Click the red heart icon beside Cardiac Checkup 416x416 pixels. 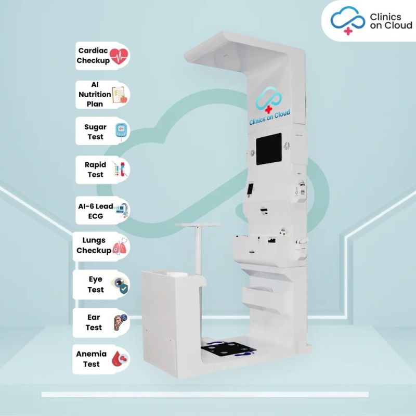coord(119,56)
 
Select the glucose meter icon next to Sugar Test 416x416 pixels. coord(122,131)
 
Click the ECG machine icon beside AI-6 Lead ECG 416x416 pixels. coord(122,211)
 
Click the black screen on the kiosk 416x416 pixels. coord(268,149)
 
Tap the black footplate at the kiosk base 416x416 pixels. coord(228,348)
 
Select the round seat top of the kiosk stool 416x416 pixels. coord(198,225)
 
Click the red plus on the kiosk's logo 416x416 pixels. coord(268,109)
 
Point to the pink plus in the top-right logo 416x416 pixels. coord(348,31)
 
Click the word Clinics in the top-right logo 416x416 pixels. coord(385,17)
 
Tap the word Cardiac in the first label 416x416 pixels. coord(93,50)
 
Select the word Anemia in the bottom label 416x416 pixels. coord(92,354)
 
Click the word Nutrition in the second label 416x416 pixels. coord(95,95)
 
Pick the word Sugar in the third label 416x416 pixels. coord(95,127)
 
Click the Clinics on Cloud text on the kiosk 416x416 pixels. coord(269,118)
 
